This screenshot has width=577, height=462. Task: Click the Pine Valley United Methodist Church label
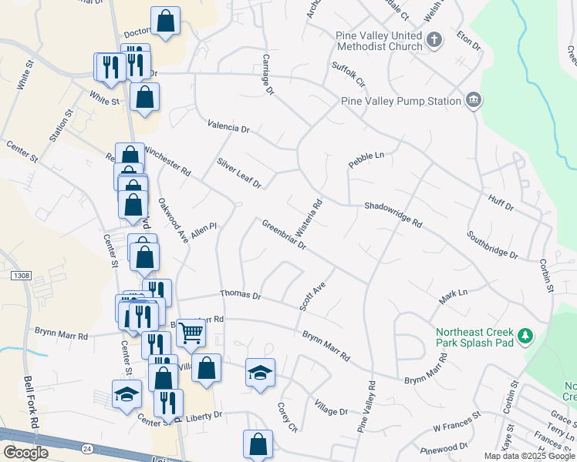[379, 41]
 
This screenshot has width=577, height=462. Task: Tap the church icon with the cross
[434, 40]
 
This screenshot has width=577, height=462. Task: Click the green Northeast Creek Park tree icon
[525, 336]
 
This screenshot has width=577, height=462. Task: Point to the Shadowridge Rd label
[393, 215]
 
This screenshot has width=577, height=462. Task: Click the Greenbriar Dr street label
[284, 236]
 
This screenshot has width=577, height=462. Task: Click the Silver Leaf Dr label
[239, 174]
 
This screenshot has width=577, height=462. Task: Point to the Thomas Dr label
[241, 294]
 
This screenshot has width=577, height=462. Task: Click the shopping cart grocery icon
[191, 333]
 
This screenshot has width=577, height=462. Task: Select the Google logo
[25, 453]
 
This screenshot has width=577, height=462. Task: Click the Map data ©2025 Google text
[528, 456]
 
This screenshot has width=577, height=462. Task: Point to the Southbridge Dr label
[492, 243]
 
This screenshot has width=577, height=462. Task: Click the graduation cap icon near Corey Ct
[260, 373]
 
